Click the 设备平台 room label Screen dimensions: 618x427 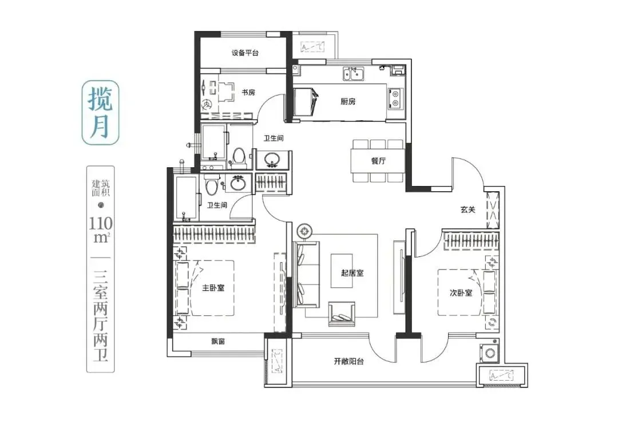pyautogui.click(x=245, y=53)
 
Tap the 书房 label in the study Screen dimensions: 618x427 pyautogui.click(x=248, y=93)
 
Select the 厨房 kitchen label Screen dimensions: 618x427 pyautogui.click(x=348, y=102)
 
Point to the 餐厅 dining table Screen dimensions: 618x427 pyautogui.click(x=378, y=161)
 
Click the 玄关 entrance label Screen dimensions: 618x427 pyautogui.click(x=468, y=209)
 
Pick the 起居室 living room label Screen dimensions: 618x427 pyautogui.click(x=352, y=273)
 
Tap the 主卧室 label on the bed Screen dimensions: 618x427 pyautogui.click(x=213, y=288)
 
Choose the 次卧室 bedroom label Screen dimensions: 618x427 pyautogui.click(x=461, y=293)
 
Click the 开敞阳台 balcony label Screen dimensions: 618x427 pyautogui.click(x=349, y=361)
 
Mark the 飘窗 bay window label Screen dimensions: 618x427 pyautogui.click(x=218, y=342)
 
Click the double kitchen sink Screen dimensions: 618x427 pyautogui.click(x=353, y=74)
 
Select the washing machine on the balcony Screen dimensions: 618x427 pyautogui.click(x=489, y=353)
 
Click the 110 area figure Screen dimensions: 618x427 pyautogui.click(x=101, y=224)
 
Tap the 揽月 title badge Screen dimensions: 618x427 pyautogui.click(x=100, y=113)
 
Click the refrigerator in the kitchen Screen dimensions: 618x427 pyautogui.click(x=305, y=102)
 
